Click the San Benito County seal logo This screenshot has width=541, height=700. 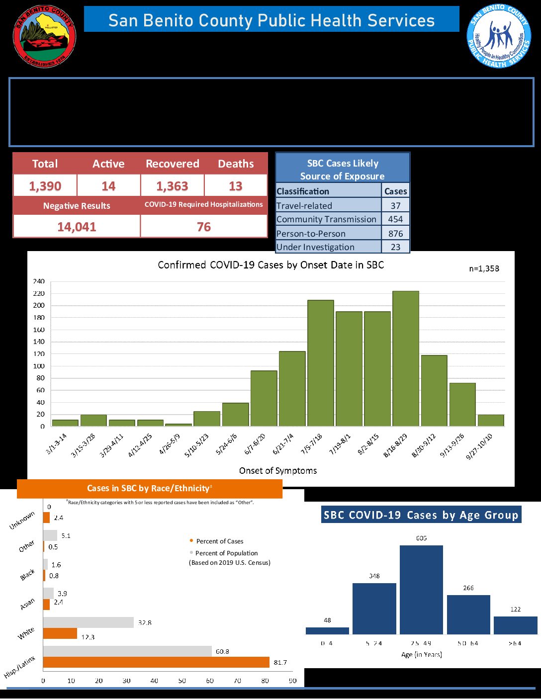[x=44, y=36]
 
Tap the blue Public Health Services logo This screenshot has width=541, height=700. [x=499, y=36]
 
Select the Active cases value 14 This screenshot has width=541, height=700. [x=108, y=186]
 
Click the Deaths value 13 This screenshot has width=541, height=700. [x=236, y=186]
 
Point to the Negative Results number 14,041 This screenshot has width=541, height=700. [x=77, y=227]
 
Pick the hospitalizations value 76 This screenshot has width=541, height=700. [x=204, y=227]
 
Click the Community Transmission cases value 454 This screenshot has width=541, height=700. [x=395, y=219]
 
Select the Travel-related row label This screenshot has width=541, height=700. [x=304, y=205]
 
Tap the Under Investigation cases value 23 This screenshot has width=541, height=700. [x=395, y=247]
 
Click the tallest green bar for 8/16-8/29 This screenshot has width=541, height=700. [x=406, y=358]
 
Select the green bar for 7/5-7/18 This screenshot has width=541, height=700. [x=321, y=363]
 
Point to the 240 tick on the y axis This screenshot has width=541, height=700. [x=39, y=281]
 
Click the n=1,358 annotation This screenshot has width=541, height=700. [x=484, y=268]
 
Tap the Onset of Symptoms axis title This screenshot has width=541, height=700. [x=278, y=470]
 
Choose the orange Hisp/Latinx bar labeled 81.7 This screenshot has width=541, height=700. [x=156, y=662]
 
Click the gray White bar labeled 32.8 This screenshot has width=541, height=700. [x=89, y=622]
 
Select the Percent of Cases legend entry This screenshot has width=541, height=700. [x=219, y=541]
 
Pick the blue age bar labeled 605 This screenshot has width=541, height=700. [x=421, y=590]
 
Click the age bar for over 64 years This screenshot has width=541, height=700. [x=515, y=625]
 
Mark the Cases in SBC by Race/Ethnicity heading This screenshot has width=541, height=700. [x=150, y=488]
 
